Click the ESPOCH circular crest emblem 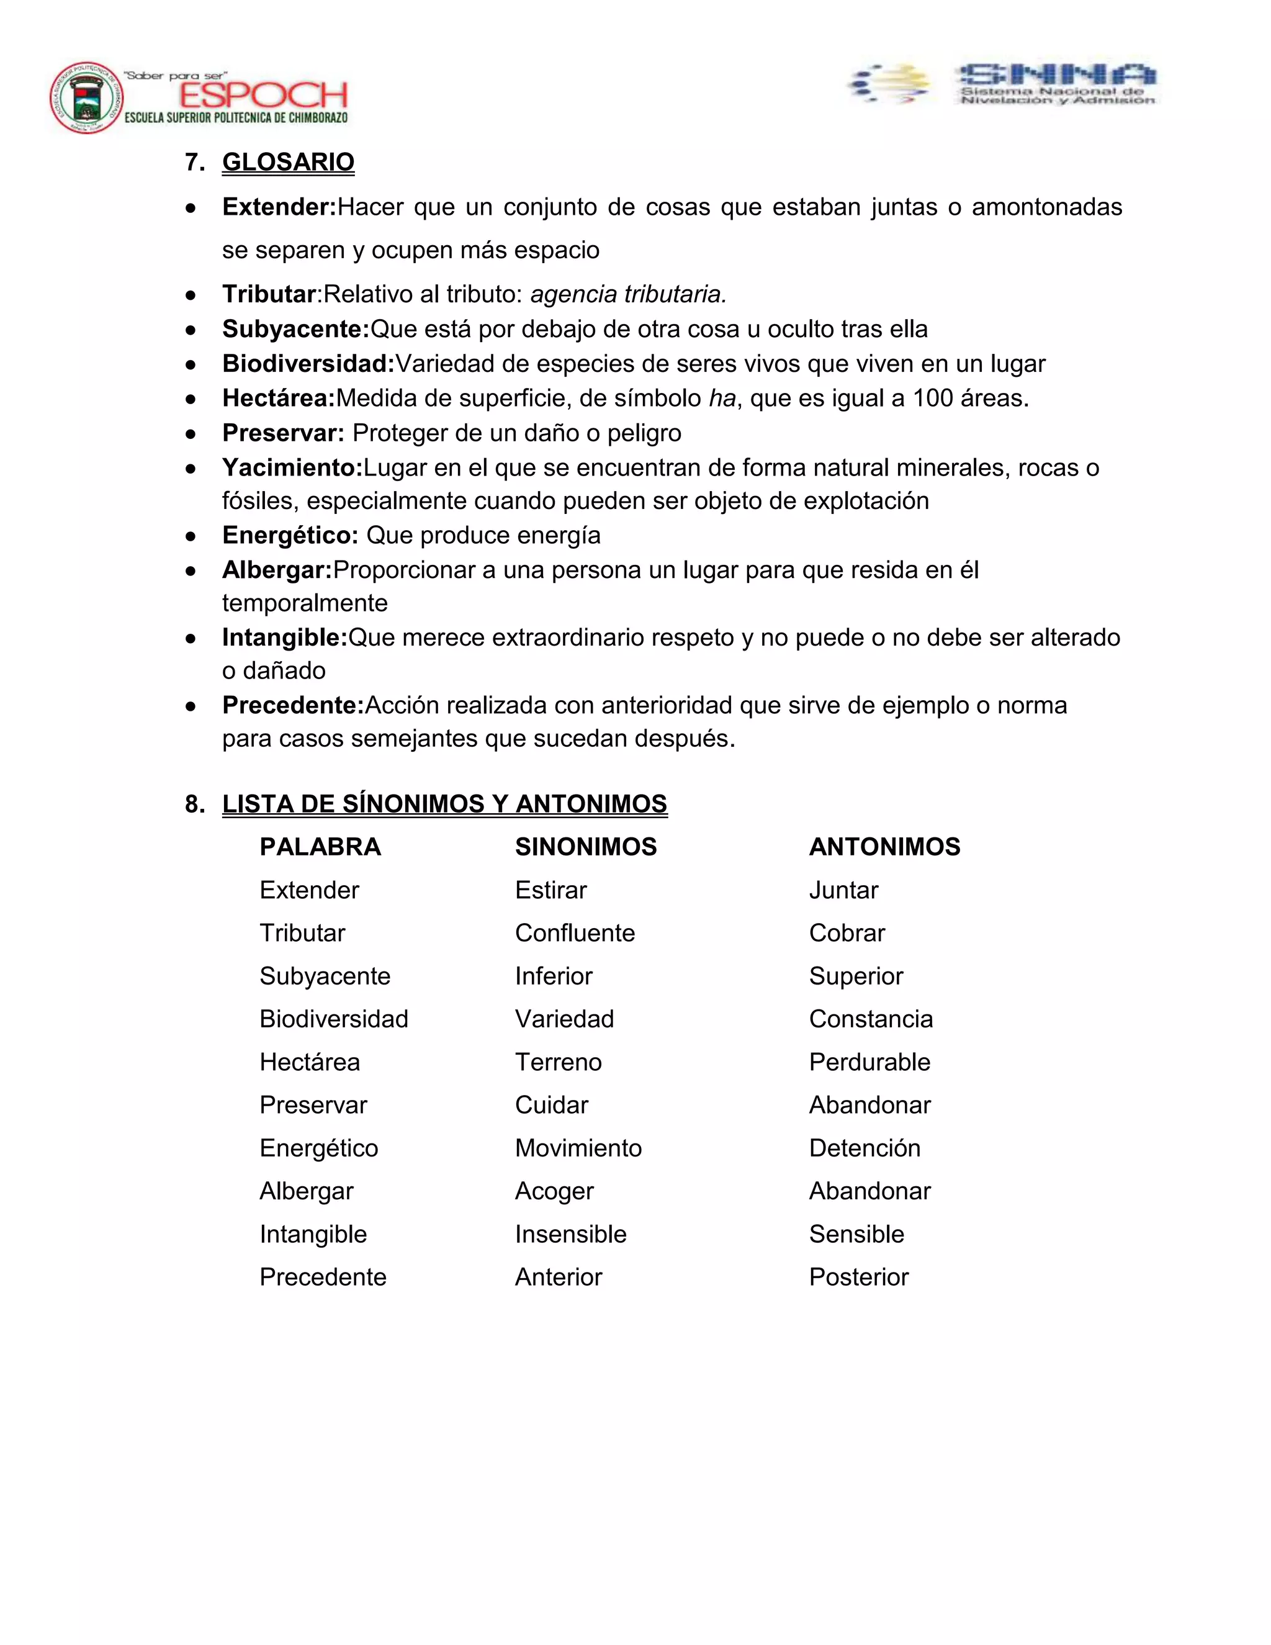click(x=87, y=98)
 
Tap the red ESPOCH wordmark click(x=263, y=95)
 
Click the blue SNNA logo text click(x=1056, y=74)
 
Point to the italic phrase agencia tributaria click(x=628, y=294)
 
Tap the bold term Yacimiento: click(x=292, y=468)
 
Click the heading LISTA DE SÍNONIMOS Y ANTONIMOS click(x=444, y=804)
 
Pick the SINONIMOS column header click(x=585, y=847)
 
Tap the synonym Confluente click(x=575, y=933)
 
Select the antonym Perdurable click(x=869, y=1062)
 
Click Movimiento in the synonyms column click(x=578, y=1148)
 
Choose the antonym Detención click(x=865, y=1148)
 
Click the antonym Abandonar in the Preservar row click(x=869, y=1105)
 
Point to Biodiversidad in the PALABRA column click(x=333, y=1019)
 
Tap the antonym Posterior click(x=858, y=1277)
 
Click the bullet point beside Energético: click(x=191, y=536)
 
